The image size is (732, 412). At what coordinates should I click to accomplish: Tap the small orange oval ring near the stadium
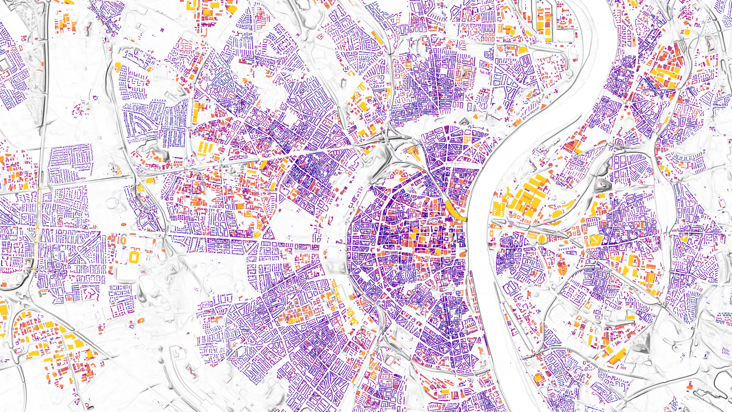pyautogui.click(x=123, y=240)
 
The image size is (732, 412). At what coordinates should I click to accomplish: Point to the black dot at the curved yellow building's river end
pyautogui.click(x=466, y=220)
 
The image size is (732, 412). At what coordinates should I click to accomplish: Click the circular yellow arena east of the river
pyautogui.click(x=542, y=239)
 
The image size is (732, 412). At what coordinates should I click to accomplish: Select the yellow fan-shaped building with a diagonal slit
pyautogui.click(x=594, y=240)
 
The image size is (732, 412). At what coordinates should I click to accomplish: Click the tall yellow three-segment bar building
pyautogui.click(x=196, y=113)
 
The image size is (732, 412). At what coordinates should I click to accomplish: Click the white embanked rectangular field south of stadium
pyautogui.click(x=126, y=275)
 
